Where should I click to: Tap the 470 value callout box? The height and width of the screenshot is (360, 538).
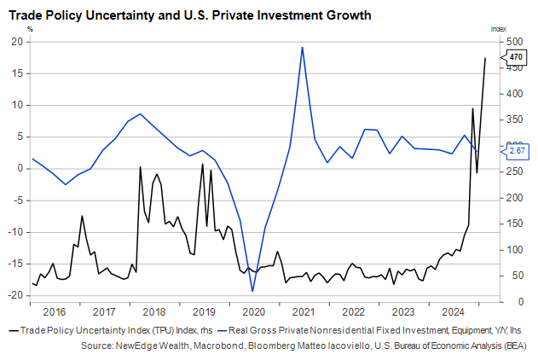tap(516, 57)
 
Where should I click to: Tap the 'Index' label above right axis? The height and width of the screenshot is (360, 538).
tap(498, 28)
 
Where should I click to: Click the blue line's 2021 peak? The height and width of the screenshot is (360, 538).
tap(303, 48)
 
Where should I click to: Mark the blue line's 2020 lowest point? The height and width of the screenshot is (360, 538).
tap(252, 291)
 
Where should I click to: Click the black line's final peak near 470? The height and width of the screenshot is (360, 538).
tap(485, 58)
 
